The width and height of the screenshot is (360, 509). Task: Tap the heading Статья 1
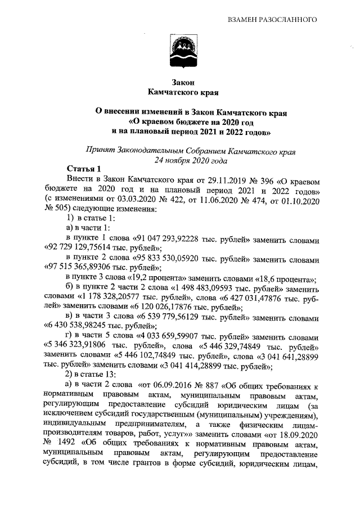(x=84, y=169)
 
